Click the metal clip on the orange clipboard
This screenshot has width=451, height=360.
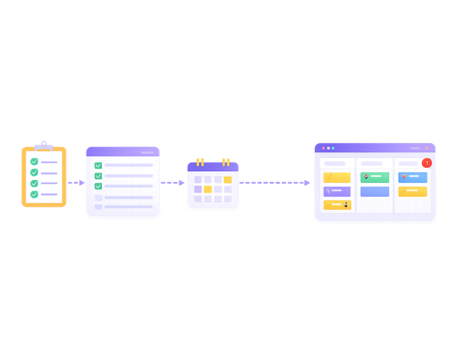pyautogui.click(x=44, y=146)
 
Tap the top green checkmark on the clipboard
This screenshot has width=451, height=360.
pyautogui.click(x=34, y=162)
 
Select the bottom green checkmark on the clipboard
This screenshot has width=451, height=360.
pyautogui.click(x=34, y=194)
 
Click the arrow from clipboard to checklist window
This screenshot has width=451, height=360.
pyautogui.click(x=76, y=183)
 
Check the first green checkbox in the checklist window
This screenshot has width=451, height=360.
pyautogui.click(x=98, y=165)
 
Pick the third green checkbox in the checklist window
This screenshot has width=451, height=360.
pyautogui.click(x=98, y=185)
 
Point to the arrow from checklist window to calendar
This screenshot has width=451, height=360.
pyautogui.click(x=173, y=183)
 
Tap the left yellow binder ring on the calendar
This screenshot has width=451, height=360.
pyautogui.click(x=200, y=162)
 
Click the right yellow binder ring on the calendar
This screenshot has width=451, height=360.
pyautogui.click(x=226, y=162)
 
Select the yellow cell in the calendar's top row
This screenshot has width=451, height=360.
pyautogui.click(x=227, y=180)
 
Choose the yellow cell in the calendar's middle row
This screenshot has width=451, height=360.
pyautogui.click(x=208, y=189)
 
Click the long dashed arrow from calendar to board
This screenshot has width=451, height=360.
pyautogui.click(x=275, y=183)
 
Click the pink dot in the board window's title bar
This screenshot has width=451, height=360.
pyautogui.click(x=323, y=148)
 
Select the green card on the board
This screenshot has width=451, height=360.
pyautogui.click(x=375, y=177)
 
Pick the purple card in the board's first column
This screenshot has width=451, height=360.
pyautogui.click(x=337, y=191)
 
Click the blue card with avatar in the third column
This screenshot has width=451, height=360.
pyautogui.click(x=413, y=177)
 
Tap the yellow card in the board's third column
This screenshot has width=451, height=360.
pyautogui.click(x=413, y=191)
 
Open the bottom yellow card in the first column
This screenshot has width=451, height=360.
pyautogui.click(x=337, y=205)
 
